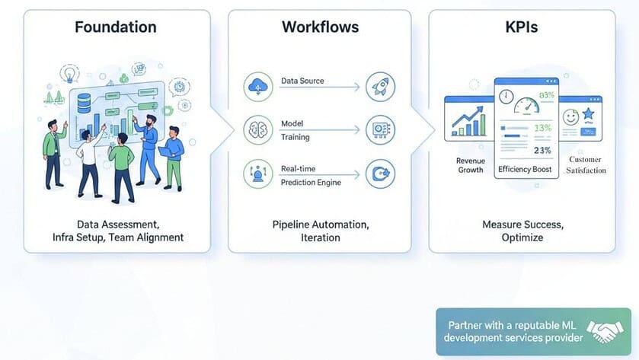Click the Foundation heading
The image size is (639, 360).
pyautogui.click(x=115, y=27)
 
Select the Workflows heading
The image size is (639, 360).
pyautogui.click(x=320, y=27)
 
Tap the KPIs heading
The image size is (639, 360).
pyautogui.click(x=522, y=27)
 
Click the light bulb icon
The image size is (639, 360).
pyautogui.click(x=69, y=75)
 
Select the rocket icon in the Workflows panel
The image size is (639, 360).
pyautogui.click(x=379, y=86)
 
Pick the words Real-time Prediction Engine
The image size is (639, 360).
pyautogui.click(x=309, y=175)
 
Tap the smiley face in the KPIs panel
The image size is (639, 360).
pyautogui.click(x=569, y=117)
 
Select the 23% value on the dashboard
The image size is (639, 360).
pyautogui.click(x=542, y=150)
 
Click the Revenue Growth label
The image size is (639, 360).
pyautogui.click(x=470, y=165)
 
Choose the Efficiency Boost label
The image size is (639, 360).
pyautogui.click(x=525, y=169)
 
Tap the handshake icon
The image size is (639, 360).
pyautogui.click(x=608, y=332)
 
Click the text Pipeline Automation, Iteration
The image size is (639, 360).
pyautogui.click(x=320, y=231)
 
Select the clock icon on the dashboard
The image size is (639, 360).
pyautogui.click(x=506, y=97)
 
